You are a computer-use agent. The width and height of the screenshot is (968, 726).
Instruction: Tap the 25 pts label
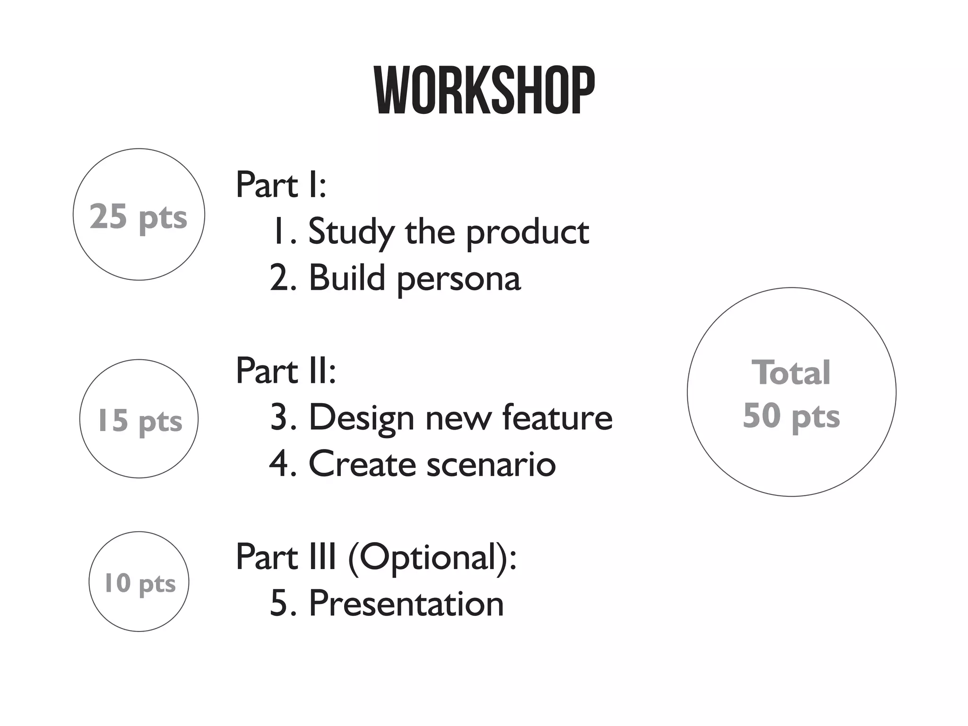tap(138, 216)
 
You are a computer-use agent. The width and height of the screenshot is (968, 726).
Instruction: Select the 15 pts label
tap(139, 420)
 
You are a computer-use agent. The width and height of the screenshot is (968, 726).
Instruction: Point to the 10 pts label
tap(139, 583)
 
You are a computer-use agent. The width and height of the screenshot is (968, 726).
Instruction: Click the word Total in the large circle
tap(791, 373)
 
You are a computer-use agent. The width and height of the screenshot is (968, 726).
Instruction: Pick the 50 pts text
tap(791, 416)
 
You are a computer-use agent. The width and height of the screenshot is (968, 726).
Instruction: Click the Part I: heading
tap(281, 185)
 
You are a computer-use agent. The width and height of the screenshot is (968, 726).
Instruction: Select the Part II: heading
tap(285, 371)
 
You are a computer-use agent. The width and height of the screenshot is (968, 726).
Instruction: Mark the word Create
tap(362, 464)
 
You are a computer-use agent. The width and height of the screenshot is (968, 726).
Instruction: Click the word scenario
tap(491, 464)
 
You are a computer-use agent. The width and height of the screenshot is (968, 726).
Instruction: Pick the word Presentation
tap(406, 604)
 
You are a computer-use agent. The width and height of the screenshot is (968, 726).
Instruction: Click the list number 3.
tap(278, 417)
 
